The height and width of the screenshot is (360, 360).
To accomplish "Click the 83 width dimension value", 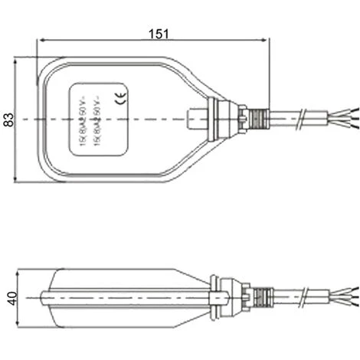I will point(9,119).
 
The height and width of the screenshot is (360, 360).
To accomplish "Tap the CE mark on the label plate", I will point(120,97).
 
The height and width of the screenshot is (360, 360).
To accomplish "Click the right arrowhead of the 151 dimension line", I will point(267,42).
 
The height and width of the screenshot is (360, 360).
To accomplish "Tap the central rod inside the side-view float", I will point(123,295).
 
